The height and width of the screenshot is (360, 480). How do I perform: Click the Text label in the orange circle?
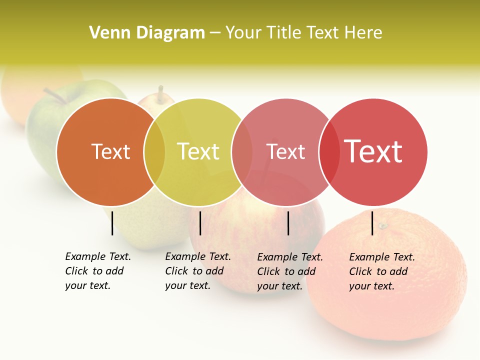coord(110,151)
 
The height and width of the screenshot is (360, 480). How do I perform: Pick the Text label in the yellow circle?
coord(198,151)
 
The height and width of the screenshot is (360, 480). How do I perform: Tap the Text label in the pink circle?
coord(285,151)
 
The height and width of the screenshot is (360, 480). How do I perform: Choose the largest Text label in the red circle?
coord(373,151)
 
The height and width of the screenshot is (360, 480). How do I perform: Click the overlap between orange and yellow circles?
coord(154,152)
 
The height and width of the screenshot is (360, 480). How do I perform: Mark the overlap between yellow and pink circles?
coord(242,152)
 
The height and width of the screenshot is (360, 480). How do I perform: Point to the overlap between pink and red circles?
coord(329,152)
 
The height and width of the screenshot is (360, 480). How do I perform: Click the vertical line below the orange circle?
coord(112,223)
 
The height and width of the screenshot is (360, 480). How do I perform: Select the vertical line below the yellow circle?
coord(200,223)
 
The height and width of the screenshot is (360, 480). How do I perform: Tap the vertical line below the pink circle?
coord(288,223)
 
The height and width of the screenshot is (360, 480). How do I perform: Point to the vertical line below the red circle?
coord(372,223)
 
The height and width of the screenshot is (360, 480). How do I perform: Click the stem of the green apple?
coord(53,95)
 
